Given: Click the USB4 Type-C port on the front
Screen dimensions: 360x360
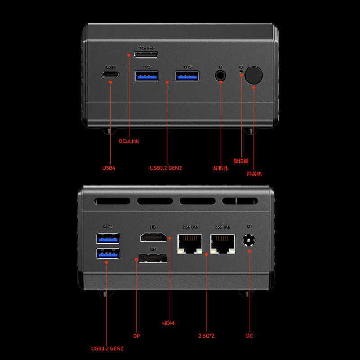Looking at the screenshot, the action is [111, 75].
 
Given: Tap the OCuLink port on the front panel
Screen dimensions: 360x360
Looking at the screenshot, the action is [146, 55].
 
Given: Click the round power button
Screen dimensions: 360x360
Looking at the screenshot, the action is [253, 75].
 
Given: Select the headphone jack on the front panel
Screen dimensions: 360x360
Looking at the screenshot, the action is [220, 75].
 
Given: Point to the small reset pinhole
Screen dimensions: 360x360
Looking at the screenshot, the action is [241, 72].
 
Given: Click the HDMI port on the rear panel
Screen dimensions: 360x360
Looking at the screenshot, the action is [153, 237].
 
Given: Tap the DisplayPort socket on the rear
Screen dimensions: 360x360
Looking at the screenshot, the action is [153, 258].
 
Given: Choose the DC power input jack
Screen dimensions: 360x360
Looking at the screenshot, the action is [249, 240].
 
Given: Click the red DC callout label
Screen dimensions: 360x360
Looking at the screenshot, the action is [250, 336].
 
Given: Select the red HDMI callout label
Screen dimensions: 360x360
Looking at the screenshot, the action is [169, 323].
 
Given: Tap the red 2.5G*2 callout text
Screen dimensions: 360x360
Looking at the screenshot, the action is [207, 336].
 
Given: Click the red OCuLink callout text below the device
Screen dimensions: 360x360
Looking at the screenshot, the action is [129, 141].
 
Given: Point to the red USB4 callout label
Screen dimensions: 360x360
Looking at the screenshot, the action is [108, 168].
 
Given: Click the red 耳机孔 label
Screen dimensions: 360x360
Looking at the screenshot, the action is [220, 168].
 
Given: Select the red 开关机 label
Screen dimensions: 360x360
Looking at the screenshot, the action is [254, 174].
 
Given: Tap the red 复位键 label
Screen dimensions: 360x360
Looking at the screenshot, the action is [241, 161].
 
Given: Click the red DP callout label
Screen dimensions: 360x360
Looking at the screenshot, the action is [137, 336].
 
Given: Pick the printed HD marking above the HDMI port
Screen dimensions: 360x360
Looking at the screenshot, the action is [153, 227].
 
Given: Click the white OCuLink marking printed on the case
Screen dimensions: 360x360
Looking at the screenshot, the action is [147, 48].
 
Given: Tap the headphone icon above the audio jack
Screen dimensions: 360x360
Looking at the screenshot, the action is [220, 67].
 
